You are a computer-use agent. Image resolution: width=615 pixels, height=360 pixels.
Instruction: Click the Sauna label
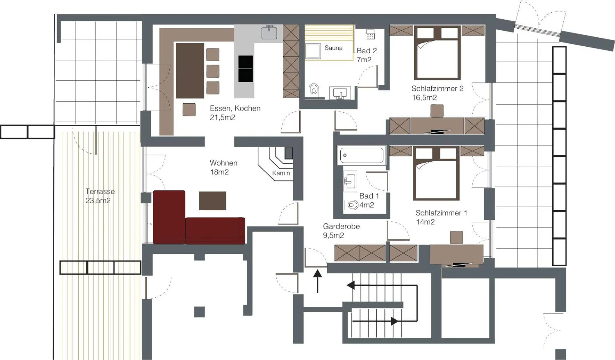click(333, 48)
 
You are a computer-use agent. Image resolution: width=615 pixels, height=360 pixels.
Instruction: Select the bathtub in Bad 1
click(361, 155)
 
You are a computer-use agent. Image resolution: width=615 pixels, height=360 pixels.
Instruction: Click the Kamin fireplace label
click(281, 173)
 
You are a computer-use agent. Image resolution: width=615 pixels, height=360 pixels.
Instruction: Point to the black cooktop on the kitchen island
click(245, 69)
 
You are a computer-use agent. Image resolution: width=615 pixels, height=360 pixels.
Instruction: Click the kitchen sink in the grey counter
click(269, 33)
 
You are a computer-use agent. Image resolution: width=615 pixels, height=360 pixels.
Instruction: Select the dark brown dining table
click(190, 70)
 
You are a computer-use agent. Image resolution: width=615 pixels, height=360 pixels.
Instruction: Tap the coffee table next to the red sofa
click(212, 201)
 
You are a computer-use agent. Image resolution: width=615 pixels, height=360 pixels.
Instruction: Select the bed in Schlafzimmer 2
click(437, 53)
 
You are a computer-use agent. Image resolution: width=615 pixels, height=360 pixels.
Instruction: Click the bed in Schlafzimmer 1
click(436, 174)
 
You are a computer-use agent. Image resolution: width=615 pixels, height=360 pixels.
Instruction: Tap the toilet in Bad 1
click(351, 205)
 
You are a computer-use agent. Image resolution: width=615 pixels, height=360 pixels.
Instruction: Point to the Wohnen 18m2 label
click(223, 167)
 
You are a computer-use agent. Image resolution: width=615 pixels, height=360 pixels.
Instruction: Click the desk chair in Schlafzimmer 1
click(456, 237)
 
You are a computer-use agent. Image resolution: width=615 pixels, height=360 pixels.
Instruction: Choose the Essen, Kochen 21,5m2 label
click(235, 113)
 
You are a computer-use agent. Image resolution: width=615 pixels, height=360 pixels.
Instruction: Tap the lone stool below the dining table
click(189, 109)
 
